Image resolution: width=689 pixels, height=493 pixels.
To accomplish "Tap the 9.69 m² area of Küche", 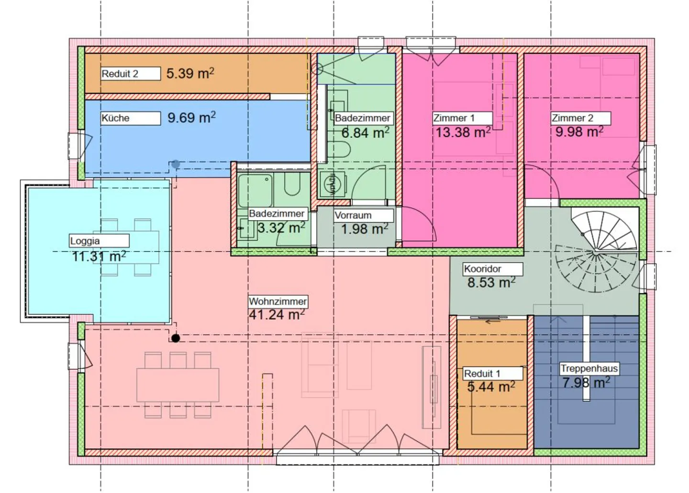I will pyautogui.click(x=191, y=117).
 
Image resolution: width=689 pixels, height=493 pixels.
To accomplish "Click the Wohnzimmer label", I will pyautogui.click(x=278, y=302).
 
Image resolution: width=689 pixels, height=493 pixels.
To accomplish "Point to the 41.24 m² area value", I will pyautogui.click(x=277, y=315).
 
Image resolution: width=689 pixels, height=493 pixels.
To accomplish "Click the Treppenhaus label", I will pyautogui.click(x=589, y=369).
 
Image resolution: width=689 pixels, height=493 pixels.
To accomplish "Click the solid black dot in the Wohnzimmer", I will pyautogui.click(x=176, y=338).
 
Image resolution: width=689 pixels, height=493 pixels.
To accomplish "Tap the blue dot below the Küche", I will pyautogui.click(x=176, y=164).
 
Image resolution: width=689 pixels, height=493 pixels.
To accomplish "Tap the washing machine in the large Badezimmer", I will pyautogui.click(x=331, y=184).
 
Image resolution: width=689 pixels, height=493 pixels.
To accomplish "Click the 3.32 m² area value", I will pyautogui.click(x=281, y=228).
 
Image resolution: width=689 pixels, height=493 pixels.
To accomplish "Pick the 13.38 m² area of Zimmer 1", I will pyautogui.click(x=463, y=133).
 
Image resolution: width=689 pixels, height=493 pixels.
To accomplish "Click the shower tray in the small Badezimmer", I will pyautogui.click(x=256, y=190).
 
